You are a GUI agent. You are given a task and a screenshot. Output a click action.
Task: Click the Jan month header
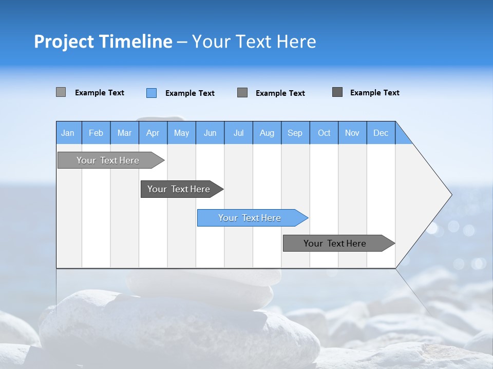click(68, 133)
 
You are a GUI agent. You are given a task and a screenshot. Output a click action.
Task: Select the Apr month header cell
click(153, 133)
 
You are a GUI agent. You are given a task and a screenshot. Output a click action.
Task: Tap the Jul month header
click(238, 133)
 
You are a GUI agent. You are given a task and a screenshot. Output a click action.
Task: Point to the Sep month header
click(295, 133)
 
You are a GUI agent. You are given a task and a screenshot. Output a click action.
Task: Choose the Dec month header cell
click(381, 133)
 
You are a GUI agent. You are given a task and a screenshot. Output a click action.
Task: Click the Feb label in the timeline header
click(96, 133)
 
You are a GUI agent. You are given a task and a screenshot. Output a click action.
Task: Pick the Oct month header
click(324, 133)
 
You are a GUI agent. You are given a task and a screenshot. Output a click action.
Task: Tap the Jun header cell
click(210, 133)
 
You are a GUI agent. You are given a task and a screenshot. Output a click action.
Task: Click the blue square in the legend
click(151, 93)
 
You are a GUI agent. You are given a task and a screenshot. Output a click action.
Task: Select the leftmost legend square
click(61, 92)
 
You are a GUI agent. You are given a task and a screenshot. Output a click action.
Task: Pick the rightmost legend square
click(337, 92)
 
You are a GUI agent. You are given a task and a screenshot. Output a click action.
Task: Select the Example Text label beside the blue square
click(189, 93)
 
